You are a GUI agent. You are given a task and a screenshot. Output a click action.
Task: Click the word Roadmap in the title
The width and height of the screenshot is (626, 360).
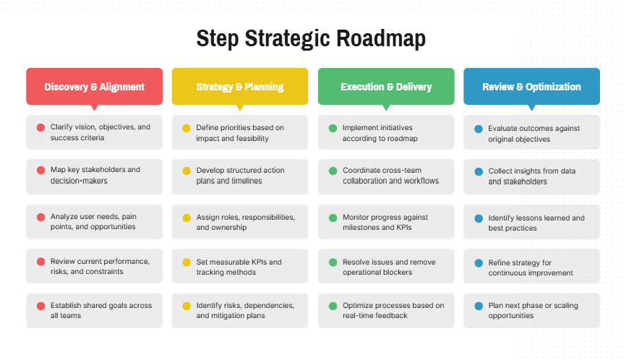pyautogui.click(x=381, y=38)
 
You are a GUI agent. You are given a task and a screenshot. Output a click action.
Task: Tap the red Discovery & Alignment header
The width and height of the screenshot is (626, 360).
pyautogui.click(x=94, y=86)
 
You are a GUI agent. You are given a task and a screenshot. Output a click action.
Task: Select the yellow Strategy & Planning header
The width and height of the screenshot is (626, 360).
pyautogui.click(x=240, y=86)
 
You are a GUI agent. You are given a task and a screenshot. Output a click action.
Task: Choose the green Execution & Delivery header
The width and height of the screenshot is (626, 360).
pyautogui.click(x=386, y=86)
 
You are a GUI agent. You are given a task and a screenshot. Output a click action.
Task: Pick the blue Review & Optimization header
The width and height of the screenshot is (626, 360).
pyautogui.click(x=531, y=86)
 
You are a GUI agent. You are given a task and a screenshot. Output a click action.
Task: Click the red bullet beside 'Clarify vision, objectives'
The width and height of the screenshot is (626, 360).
pyautogui.click(x=40, y=127)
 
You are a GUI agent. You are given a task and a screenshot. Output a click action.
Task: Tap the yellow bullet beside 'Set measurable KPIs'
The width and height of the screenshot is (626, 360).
pyautogui.click(x=186, y=262)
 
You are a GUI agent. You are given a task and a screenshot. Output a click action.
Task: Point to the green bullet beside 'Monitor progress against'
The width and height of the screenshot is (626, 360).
pyautogui.click(x=333, y=218)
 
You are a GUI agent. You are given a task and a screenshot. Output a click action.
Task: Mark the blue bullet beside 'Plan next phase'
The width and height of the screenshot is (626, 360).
pyautogui.click(x=479, y=306)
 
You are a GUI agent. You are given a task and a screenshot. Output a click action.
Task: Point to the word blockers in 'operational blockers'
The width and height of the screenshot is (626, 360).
pyautogui.click(x=398, y=273)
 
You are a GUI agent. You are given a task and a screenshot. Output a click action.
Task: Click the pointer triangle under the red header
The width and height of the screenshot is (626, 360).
pyautogui.click(x=94, y=108)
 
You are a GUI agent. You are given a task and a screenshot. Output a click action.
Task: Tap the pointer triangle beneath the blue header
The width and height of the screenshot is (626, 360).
pyautogui.click(x=531, y=108)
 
